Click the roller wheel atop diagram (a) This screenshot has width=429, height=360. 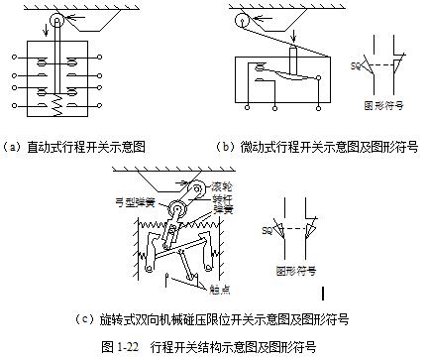55,21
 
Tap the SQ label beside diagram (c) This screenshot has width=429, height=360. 268,230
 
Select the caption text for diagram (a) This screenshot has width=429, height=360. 75,146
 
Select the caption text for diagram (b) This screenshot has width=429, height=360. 316,146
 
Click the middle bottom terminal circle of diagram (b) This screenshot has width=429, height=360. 273,102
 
